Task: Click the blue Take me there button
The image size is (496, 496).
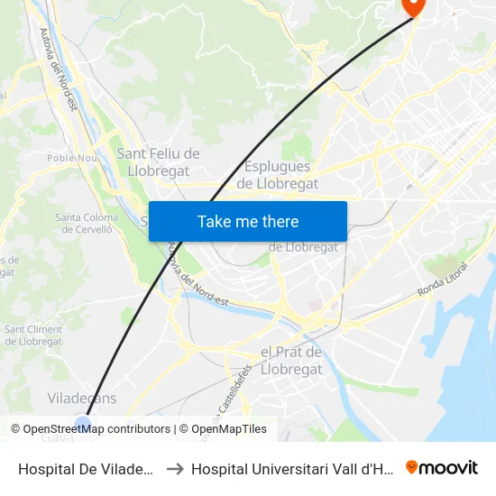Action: tap(247, 221)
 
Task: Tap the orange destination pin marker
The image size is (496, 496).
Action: tap(414, 6)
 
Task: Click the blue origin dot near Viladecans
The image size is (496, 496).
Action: tap(84, 423)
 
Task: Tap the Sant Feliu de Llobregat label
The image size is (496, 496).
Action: tap(158, 162)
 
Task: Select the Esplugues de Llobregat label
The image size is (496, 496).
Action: tap(278, 175)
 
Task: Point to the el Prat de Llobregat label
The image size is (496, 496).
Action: tap(290, 361)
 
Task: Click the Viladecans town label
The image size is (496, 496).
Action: tap(81, 398)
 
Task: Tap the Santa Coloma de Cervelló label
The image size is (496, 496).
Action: tap(87, 224)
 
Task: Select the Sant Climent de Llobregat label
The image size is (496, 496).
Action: tap(33, 335)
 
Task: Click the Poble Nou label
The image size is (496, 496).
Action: tap(72, 158)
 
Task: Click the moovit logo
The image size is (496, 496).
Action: tap(442, 467)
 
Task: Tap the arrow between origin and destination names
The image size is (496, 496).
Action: tap(175, 468)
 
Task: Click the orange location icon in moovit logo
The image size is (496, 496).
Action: tap(412, 467)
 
